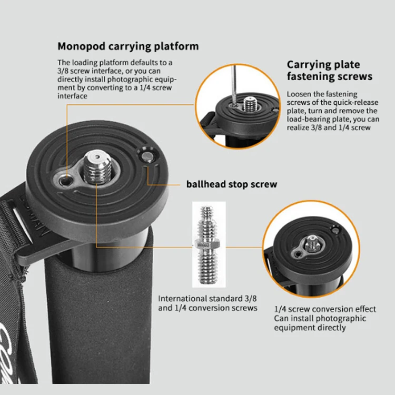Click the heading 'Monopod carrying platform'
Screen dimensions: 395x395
coord(128,46)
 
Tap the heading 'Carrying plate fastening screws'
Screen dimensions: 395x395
coord(329,70)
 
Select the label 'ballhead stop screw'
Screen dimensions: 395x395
coord(231,184)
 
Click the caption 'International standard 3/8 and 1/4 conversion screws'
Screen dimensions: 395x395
coord(208,303)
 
